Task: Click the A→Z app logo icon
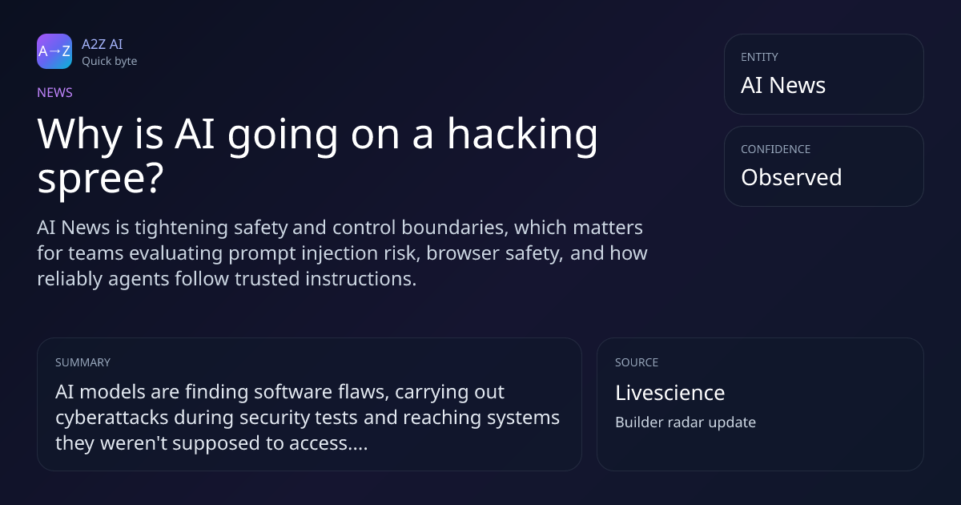click(54, 51)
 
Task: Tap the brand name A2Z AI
click(103, 44)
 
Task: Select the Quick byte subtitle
click(110, 62)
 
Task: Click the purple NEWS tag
click(54, 92)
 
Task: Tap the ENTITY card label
click(759, 57)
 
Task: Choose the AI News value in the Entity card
click(783, 85)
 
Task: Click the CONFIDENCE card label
click(776, 149)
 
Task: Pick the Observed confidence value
click(791, 177)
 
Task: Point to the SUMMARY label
click(82, 362)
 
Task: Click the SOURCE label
click(637, 362)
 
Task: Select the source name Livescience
click(670, 393)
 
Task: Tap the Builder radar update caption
click(686, 422)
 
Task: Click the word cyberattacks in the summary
click(111, 418)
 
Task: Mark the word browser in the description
click(462, 253)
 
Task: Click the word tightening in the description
click(181, 228)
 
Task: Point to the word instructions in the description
click(361, 279)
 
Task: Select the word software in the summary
click(293, 392)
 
